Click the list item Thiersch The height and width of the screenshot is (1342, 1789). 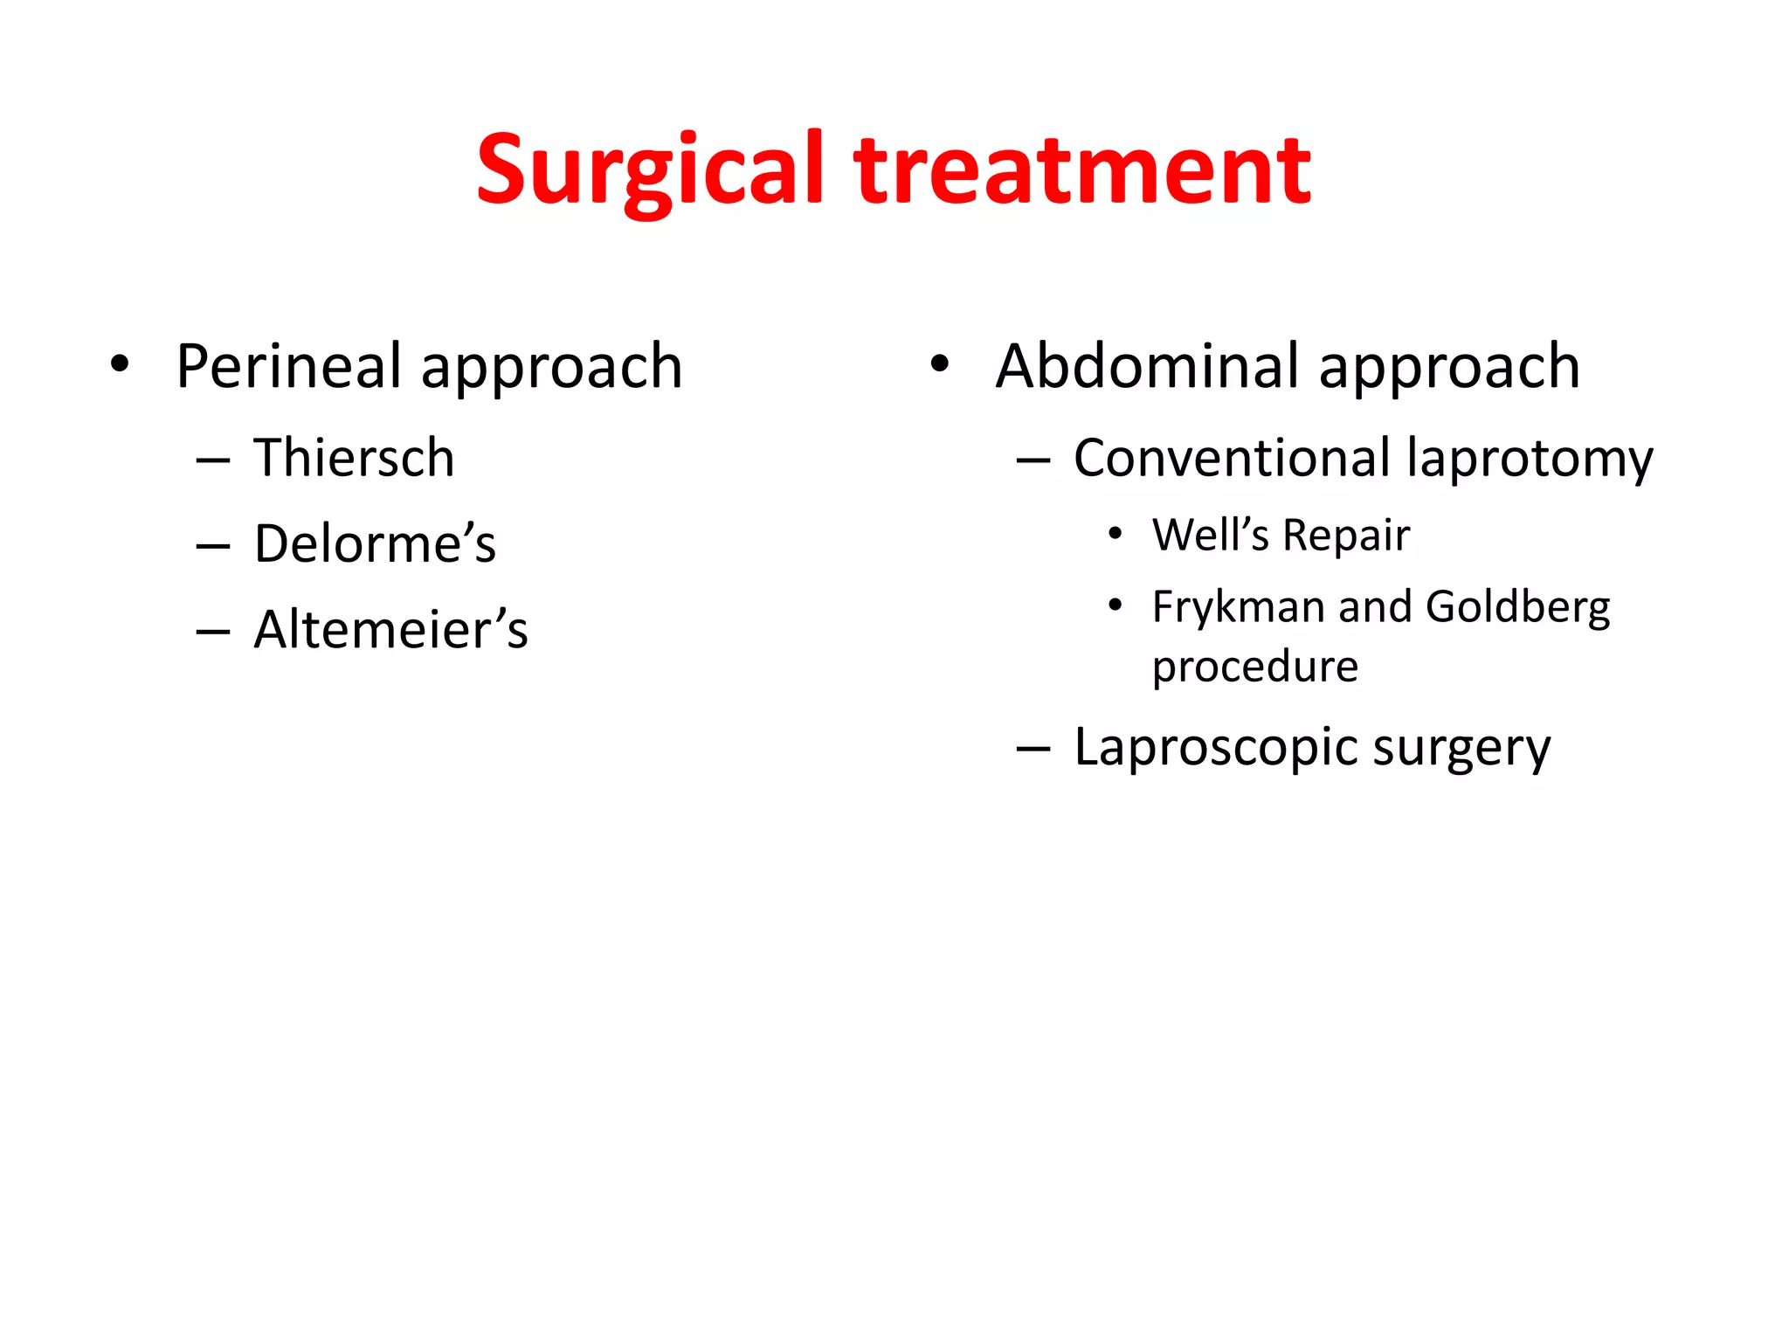(354, 458)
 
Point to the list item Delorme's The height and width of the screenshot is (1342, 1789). (375, 543)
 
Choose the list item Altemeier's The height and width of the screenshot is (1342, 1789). (390, 629)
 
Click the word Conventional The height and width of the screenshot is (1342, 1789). (1232, 458)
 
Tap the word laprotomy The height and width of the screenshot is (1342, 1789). (1530, 460)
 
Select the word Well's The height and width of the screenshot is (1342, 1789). (1210, 535)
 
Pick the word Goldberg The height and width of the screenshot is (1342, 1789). (1517, 608)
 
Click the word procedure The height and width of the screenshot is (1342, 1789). (1254, 668)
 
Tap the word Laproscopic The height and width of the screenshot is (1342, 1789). (1214, 748)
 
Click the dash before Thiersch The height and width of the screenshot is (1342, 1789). (213, 460)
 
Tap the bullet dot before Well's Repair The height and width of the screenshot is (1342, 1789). (1115, 534)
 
